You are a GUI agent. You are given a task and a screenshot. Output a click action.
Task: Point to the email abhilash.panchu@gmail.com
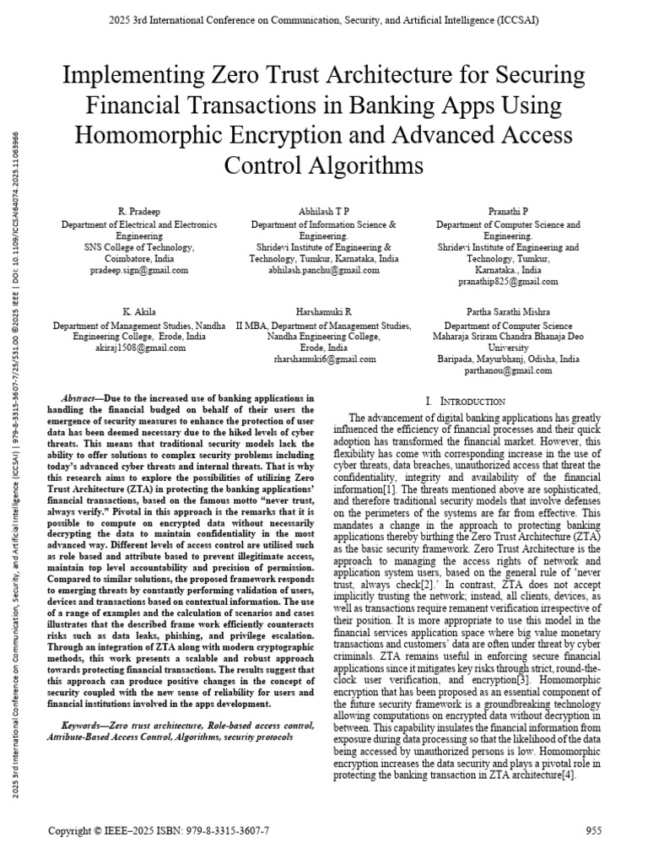point(324,270)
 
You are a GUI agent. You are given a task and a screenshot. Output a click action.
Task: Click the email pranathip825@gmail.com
point(508,281)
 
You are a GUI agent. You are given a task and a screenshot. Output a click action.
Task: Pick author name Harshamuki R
point(324,311)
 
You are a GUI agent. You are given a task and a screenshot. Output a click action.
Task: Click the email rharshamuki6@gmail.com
point(324,359)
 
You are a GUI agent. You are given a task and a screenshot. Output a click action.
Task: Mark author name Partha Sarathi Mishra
point(508,311)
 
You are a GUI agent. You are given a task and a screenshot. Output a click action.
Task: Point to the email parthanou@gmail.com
point(508,370)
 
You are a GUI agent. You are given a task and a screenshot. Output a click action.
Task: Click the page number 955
point(593,831)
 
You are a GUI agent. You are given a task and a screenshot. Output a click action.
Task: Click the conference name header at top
point(324,19)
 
